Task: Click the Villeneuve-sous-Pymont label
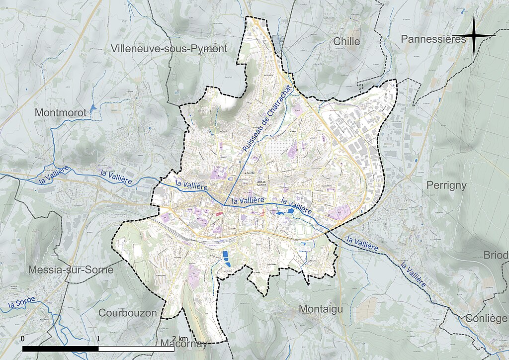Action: (x=170, y=49)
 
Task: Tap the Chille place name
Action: (x=347, y=41)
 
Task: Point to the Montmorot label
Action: (x=60, y=113)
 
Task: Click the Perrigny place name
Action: (x=446, y=185)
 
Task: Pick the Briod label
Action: (x=496, y=255)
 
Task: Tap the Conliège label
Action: (x=487, y=318)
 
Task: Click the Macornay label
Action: (x=183, y=344)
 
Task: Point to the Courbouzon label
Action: (x=128, y=313)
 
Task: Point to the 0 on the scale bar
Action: (x=23, y=338)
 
